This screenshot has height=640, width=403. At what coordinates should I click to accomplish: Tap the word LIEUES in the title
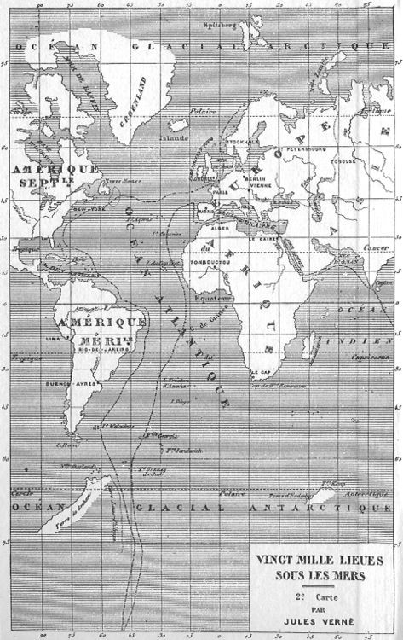350,562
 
